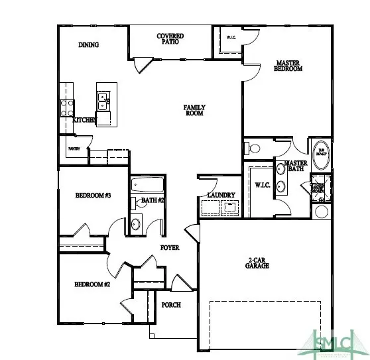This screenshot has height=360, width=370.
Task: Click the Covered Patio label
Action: tap(170, 40)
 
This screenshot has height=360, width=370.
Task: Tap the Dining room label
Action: tap(88, 46)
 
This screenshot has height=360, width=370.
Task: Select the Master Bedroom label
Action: tap(288, 66)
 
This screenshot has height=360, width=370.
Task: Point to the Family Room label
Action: tap(194, 110)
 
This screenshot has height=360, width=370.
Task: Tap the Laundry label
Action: tap(221, 194)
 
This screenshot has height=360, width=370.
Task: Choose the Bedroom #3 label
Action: tap(92, 196)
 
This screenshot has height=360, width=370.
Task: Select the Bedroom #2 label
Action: tap(92, 284)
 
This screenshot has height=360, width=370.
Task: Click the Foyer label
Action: tap(170, 248)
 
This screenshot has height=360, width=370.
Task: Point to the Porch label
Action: tap(171, 304)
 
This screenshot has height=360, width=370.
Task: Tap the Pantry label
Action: tap(74, 149)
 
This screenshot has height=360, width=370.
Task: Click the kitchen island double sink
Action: tap(103, 102)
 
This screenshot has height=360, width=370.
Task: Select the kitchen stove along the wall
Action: tap(67, 107)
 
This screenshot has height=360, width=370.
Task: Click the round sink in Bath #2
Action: tap(137, 224)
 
